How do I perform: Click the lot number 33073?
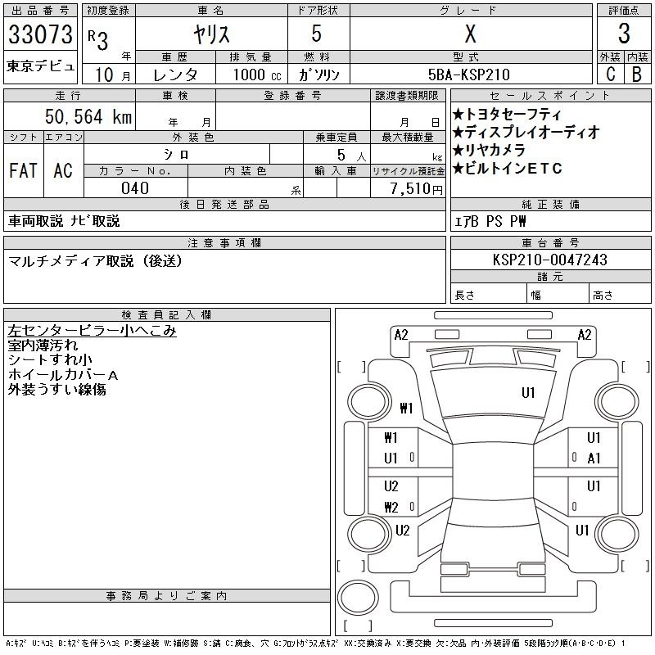click(x=40, y=34)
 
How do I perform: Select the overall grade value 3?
click(x=624, y=34)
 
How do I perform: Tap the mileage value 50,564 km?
click(x=88, y=116)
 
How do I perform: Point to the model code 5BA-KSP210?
click(x=468, y=75)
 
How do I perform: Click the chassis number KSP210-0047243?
click(x=549, y=260)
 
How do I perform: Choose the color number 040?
click(x=135, y=188)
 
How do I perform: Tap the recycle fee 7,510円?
click(x=417, y=189)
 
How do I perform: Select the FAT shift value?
click(x=23, y=170)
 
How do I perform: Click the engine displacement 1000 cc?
click(x=257, y=75)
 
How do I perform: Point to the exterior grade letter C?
click(x=610, y=75)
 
